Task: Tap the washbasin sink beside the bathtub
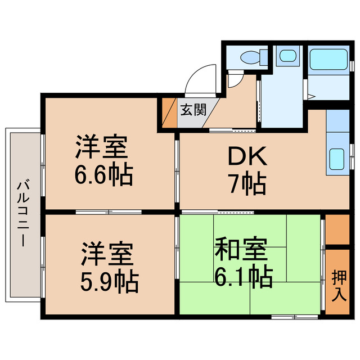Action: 287,56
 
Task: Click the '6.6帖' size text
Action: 103,175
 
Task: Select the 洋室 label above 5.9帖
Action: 108,255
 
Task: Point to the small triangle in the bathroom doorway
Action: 311,97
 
